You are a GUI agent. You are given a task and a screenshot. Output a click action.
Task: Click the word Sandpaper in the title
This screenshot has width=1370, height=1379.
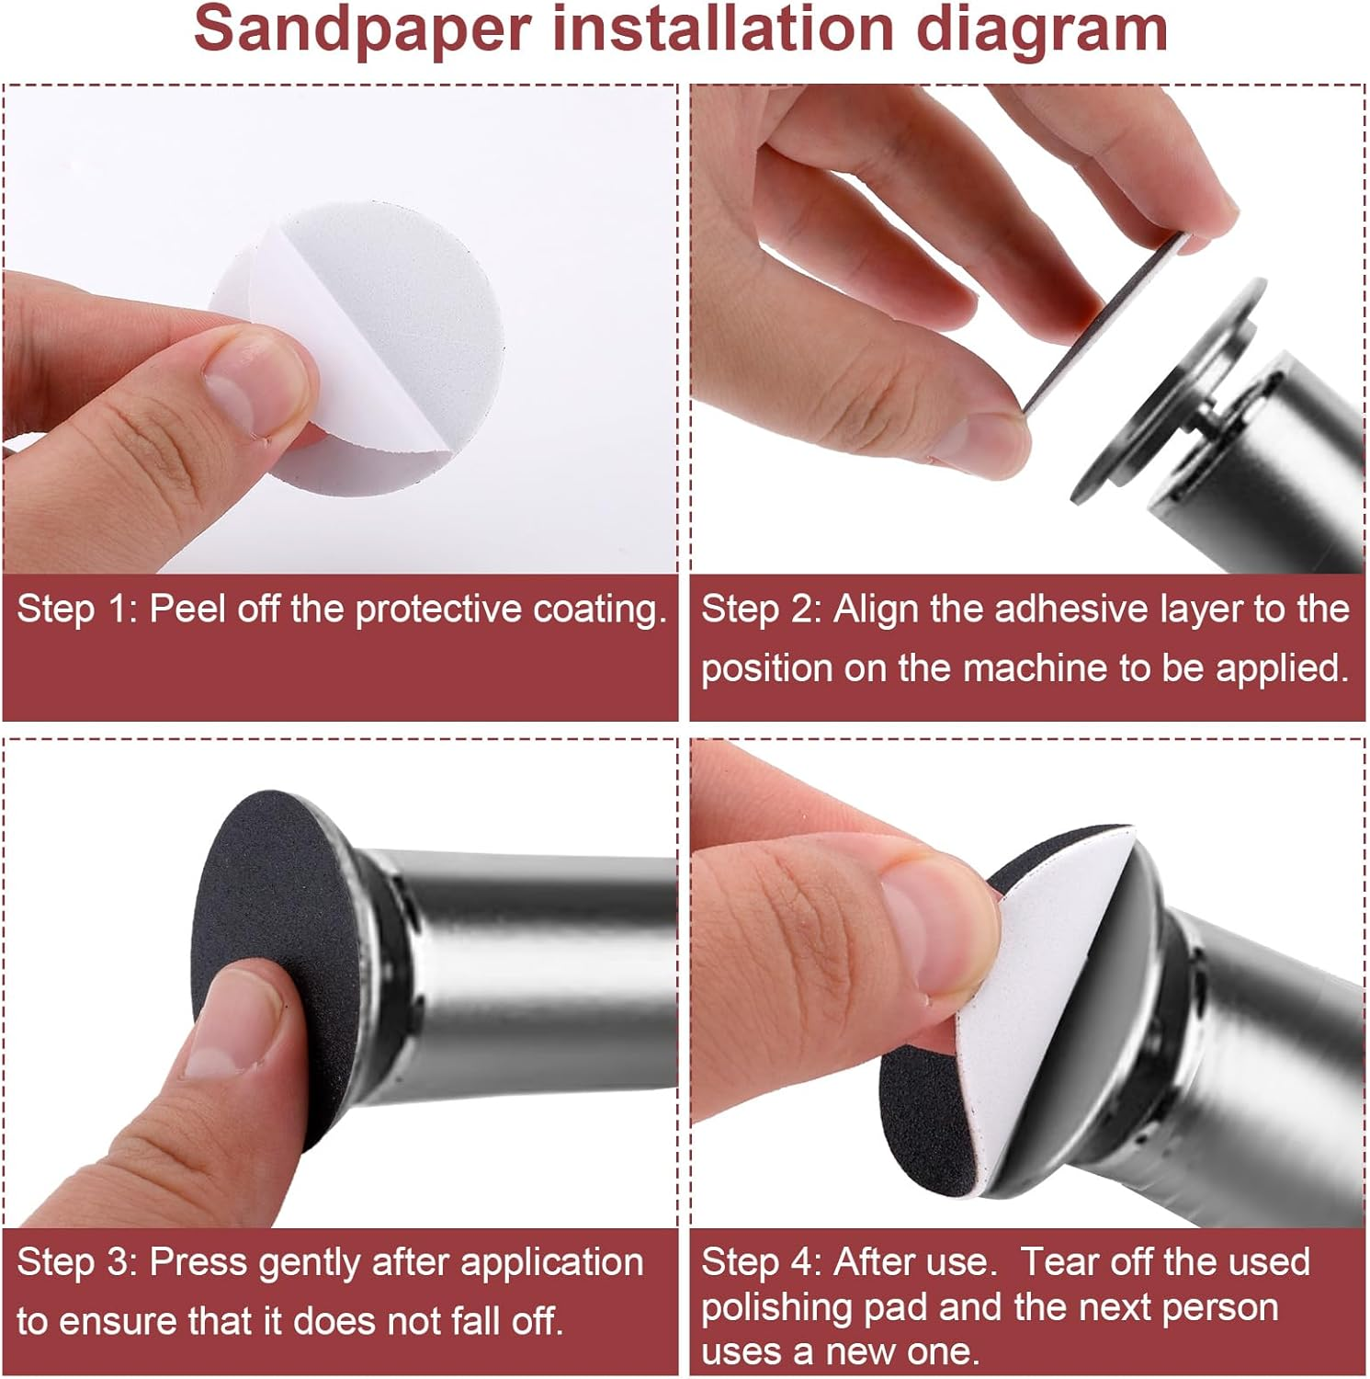(x=363, y=29)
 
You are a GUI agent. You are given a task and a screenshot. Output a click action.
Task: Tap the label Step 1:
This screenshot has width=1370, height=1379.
(x=77, y=610)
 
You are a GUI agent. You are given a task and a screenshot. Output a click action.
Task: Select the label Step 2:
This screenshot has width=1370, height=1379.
(x=762, y=610)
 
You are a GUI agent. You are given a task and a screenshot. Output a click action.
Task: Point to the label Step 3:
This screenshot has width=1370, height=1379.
(x=77, y=1262)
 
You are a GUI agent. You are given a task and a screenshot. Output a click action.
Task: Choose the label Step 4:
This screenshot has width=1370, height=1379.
(x=762, y=1262)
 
